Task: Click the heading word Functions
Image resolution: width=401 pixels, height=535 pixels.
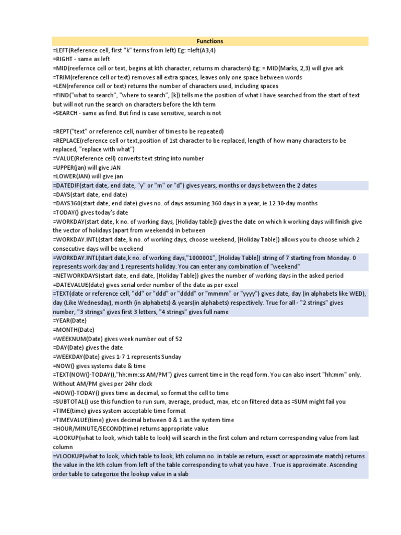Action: (x=210, y=41)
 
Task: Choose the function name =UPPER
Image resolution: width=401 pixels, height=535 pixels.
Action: (x=64, y=167)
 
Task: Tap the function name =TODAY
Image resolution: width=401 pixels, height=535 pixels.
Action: (x=64, y=213)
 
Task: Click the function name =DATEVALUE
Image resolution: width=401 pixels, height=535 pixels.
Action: (x=70, y=284)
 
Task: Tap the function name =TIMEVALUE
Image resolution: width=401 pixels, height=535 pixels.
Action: (x=70, y=420)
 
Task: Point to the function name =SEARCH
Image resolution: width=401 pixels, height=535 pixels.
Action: (x=65, y=113)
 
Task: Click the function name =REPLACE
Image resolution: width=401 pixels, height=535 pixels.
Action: (x=66, y=141)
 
